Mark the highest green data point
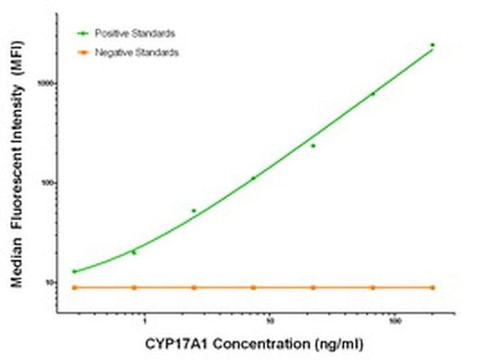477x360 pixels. tap(433, 45)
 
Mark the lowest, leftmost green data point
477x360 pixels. tap(74, 271)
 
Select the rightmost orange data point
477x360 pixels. tap(433, 287)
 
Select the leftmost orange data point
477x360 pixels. tap(74, 287)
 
